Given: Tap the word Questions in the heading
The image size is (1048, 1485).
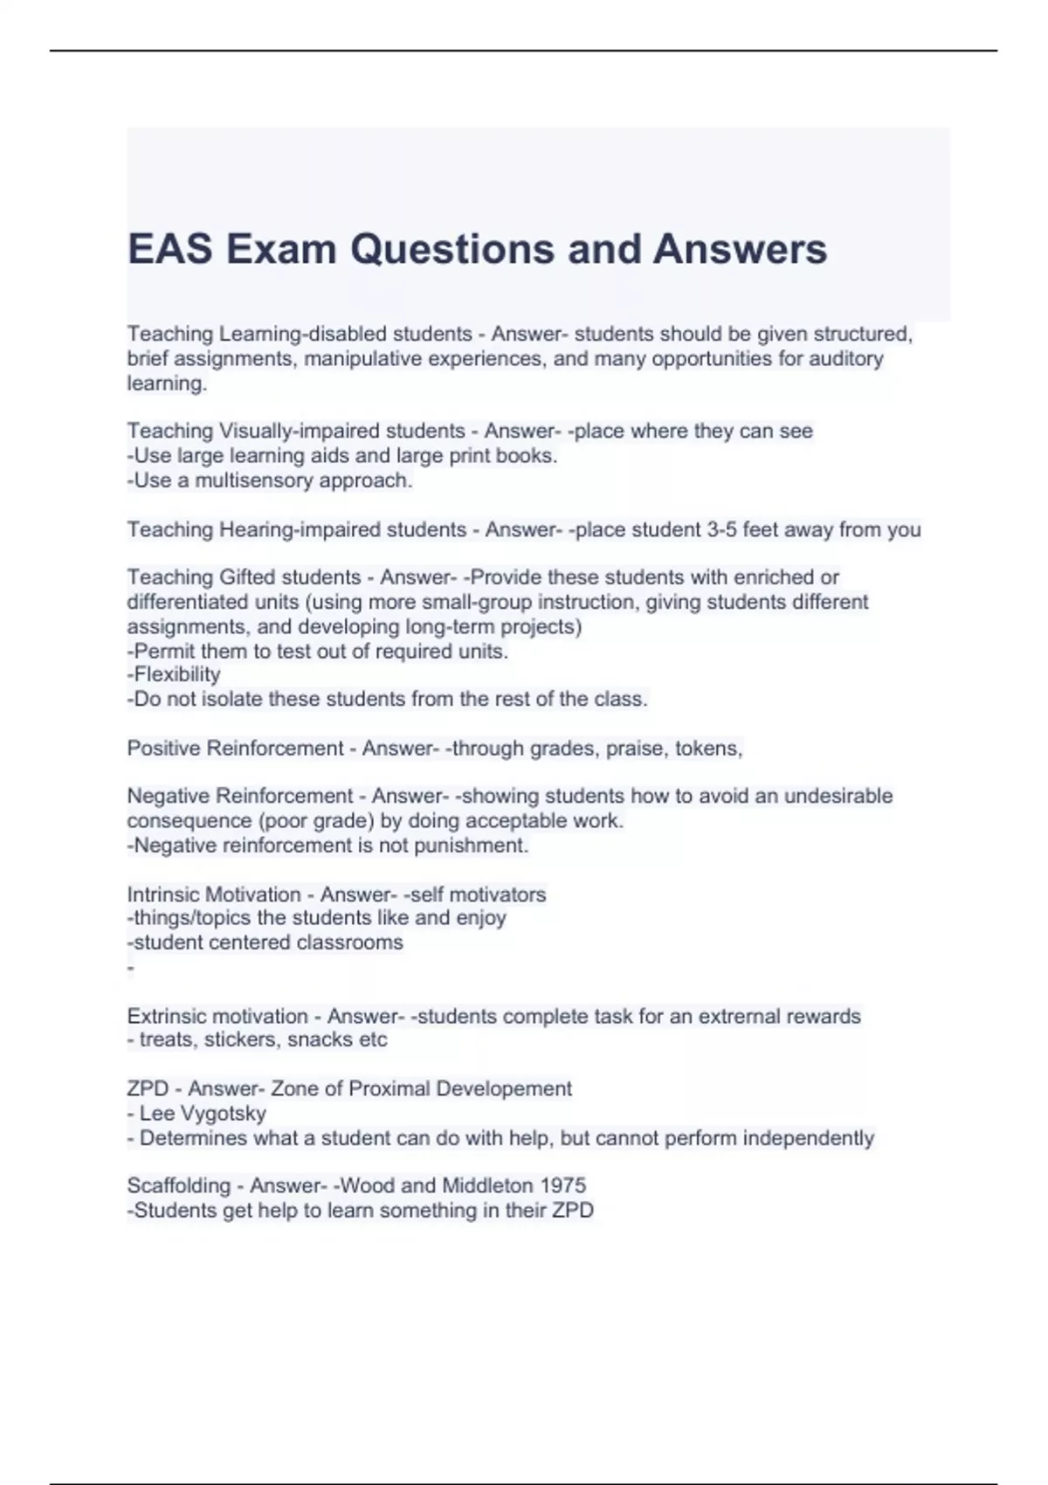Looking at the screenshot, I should tap(453, 249).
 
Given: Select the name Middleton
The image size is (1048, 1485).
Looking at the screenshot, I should tap(487, 1185).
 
